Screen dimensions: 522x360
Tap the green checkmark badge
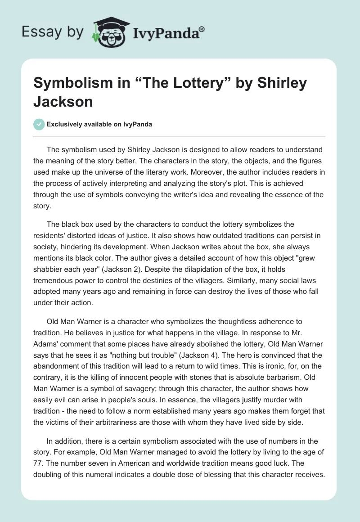coord(40,125)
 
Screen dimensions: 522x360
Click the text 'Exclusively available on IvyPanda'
coord(99,125)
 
